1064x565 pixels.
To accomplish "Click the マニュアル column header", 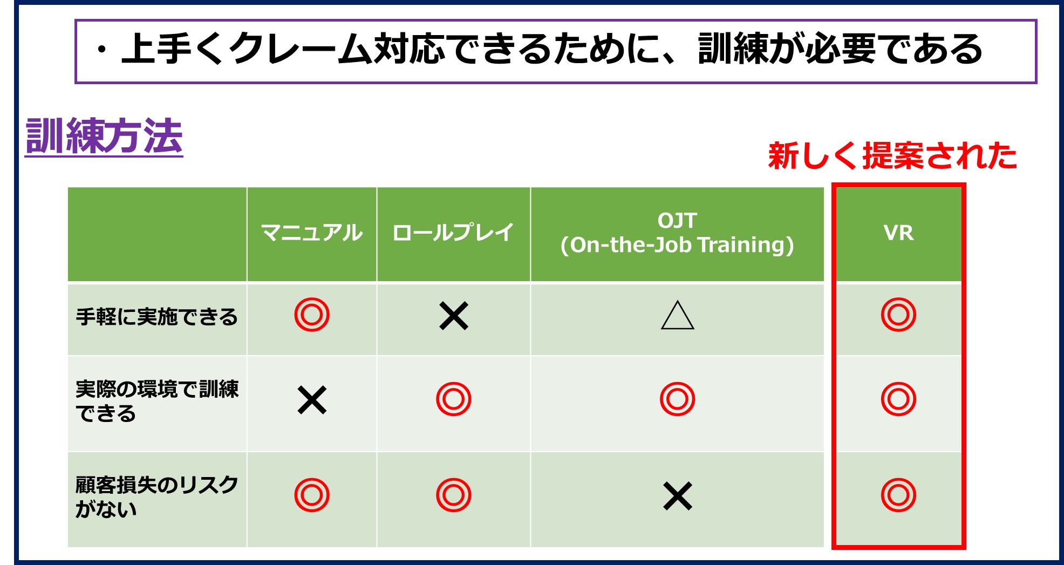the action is tap(312, 233).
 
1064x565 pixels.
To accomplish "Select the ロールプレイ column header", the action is tap(453, 233).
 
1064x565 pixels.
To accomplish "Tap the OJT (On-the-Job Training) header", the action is tap(677, 233).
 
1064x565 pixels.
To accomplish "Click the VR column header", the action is tap(898, 233).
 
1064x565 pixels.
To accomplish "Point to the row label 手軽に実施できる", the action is tap(157, 317).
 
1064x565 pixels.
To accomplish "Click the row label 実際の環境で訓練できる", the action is tap(157, 401).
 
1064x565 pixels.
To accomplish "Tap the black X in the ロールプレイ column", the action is tap(454, 316).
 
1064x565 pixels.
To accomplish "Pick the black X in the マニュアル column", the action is tap(312, 400).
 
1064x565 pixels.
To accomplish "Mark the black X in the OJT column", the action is tap(678, 496).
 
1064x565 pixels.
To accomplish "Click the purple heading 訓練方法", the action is tap(104, 136).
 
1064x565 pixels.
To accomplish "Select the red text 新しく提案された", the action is tap(892, 156).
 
